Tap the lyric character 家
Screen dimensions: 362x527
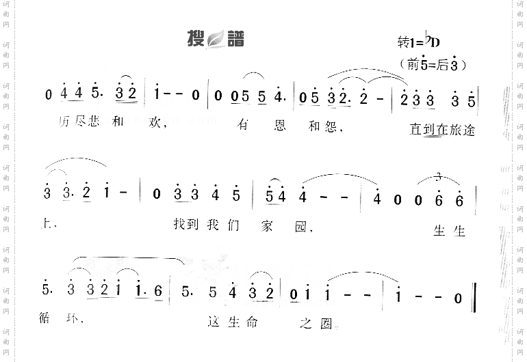pyautogui.click(x=269, y=225)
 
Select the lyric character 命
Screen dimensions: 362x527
pyautogui.click(x=252, y=322)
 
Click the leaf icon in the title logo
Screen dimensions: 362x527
pyautogui.click(x=216, y=40)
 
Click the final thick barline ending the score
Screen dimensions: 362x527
pyautogui.click(x=474, y=297)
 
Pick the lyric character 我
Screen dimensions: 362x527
pyautogui.click(x=212, y=224)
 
